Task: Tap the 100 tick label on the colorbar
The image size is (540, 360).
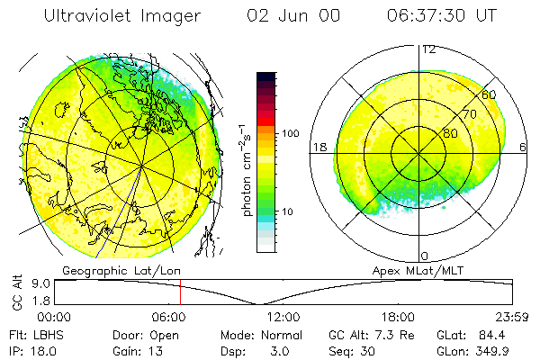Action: (x=290, y=133)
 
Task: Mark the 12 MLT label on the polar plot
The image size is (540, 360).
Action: (x=429, y=49)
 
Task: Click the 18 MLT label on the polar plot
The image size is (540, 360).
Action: (x=318, y=146)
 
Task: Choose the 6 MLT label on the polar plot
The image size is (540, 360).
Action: (x=524, y=146)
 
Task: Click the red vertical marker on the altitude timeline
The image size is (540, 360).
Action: (x=180, y=292)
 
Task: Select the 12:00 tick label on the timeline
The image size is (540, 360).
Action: (x=283, y=317)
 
